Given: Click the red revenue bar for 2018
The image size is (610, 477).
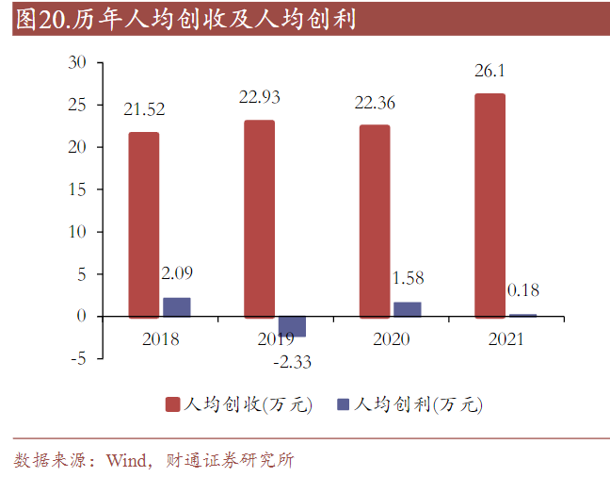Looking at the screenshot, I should tap(144, 224).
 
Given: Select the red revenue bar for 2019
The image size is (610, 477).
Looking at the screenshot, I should tap(259, 218).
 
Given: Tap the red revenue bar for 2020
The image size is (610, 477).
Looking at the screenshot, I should tap(375, 221).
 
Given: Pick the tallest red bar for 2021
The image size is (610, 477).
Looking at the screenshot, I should tap(490, 205).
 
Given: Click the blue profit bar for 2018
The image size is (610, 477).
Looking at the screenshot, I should tap(176, 306).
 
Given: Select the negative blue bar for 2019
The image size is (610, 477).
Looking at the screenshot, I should tap(292, 326).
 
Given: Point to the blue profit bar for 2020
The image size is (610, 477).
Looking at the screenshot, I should tap(407, 309).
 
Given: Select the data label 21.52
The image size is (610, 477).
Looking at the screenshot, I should tap(144, 109).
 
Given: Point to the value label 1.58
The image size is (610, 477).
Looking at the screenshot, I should tap(407, 280).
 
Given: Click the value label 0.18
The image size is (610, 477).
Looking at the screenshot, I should tap(523, 291).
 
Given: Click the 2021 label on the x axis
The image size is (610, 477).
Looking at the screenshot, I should tap(506, 339).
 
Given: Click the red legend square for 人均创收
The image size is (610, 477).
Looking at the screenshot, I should tap(172, 404).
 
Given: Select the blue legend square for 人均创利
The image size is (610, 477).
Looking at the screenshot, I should tap(343, 404).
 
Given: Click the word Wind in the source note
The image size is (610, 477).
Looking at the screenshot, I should tap(125, 461).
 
